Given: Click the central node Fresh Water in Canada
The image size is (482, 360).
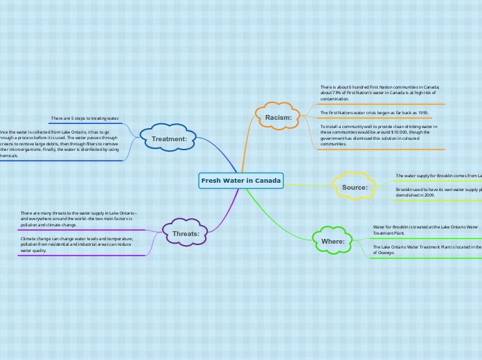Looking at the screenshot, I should (x=241, y=181).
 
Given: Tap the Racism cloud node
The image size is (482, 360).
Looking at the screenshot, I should (x=278, y=118).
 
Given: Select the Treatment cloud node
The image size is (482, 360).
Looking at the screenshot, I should (x=169, y=138).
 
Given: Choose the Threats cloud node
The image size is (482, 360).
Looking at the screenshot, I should (x=186, y=233).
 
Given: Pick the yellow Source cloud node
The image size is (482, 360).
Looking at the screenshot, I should (x=355, y=187).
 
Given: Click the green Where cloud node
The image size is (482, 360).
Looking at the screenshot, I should (x=333, y=241).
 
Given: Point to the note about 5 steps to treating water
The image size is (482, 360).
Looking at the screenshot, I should (x=84, y=118).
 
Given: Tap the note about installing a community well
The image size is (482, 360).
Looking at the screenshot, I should (x=378, y=135).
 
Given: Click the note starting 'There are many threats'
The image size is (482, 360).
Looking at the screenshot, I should (x=78, y=219).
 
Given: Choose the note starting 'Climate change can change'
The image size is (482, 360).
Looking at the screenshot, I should (x=76, y=244).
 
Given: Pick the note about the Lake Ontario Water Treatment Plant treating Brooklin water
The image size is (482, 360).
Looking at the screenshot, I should (x=425, y=230).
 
